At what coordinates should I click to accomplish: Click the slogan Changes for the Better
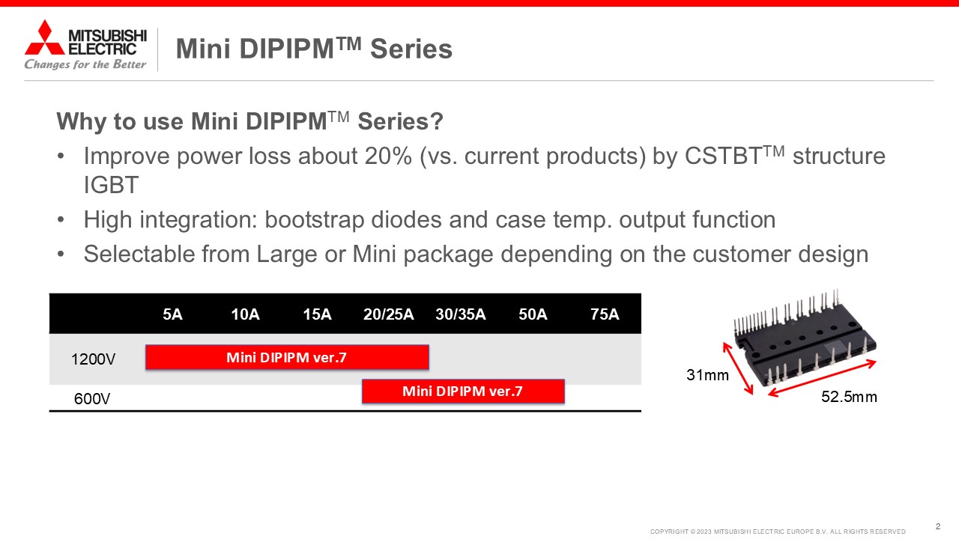pos(85,64)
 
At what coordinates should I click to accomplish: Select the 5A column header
pos(172,314)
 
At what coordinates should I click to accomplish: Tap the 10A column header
pos(245,314)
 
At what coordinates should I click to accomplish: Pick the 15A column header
pos(317,314)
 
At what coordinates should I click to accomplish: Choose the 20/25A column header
pos(389,314)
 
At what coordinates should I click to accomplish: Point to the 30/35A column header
pos(461,314)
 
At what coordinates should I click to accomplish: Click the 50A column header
pos(533,314)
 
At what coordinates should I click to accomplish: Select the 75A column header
pos(605,314)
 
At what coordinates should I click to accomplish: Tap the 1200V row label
pos(94,359)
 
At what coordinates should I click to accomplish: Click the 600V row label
pos(92,399)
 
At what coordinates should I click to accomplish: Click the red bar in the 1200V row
pos(287,357)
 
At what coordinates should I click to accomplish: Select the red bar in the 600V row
pos(463,392)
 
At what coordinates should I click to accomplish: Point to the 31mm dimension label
pos(708,375)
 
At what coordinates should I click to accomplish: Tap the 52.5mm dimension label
pos(850,397)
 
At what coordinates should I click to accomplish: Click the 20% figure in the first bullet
pos(389,156)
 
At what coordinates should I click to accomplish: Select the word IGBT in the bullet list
pos(111,185)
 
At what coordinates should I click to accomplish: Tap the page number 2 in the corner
pos(938,526)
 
